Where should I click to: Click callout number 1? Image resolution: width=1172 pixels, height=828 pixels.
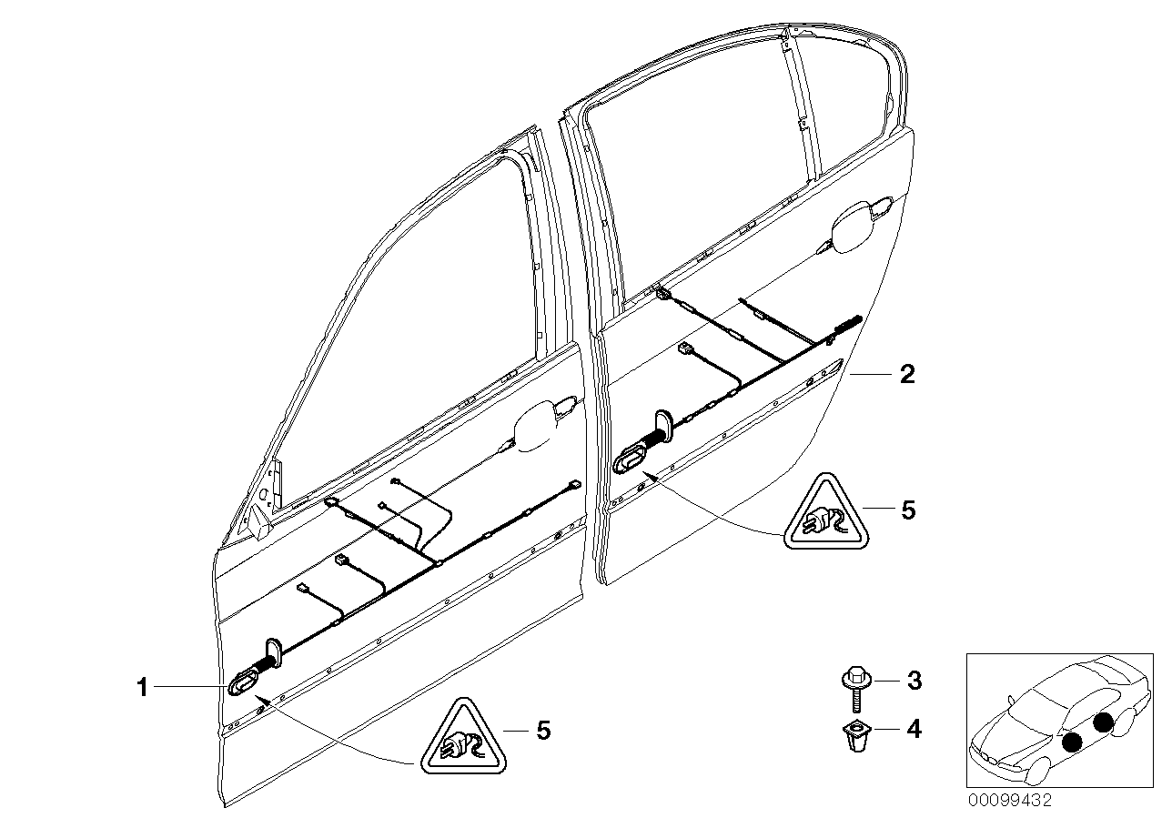coord(142,688)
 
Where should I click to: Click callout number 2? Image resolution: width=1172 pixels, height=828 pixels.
coord(906,375)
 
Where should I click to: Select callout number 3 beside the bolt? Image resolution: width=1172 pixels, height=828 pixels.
coord(914,680)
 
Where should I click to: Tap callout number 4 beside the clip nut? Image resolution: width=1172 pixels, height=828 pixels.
coord(914,729)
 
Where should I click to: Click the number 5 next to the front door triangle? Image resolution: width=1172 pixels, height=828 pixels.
coord(542,730)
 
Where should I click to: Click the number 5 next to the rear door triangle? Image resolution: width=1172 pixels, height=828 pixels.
coord(906,510)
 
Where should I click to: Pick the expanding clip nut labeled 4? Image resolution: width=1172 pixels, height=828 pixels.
coord(854,734)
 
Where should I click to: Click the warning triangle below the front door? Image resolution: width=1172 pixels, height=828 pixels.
coord(464,739)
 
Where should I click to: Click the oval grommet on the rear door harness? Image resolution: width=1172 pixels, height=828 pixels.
coord(632,459)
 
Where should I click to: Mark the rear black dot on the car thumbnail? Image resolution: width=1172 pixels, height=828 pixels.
coord(1103,723)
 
